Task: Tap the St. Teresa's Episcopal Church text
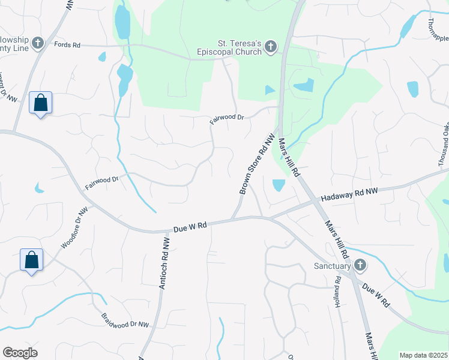click(x=239, y=47)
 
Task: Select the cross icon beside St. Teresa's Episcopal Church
click(x=271, y=46)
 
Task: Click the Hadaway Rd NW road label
click(x=349, y=195)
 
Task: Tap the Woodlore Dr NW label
click(x=74, y=228)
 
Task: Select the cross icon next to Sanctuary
click(x=360, y=265)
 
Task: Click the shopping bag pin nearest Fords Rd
click(x=40, y=103)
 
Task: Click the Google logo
click(x=20, y=353)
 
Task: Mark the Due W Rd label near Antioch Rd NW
click(x=190, y=226)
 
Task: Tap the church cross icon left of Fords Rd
click(x=38, y=43)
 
